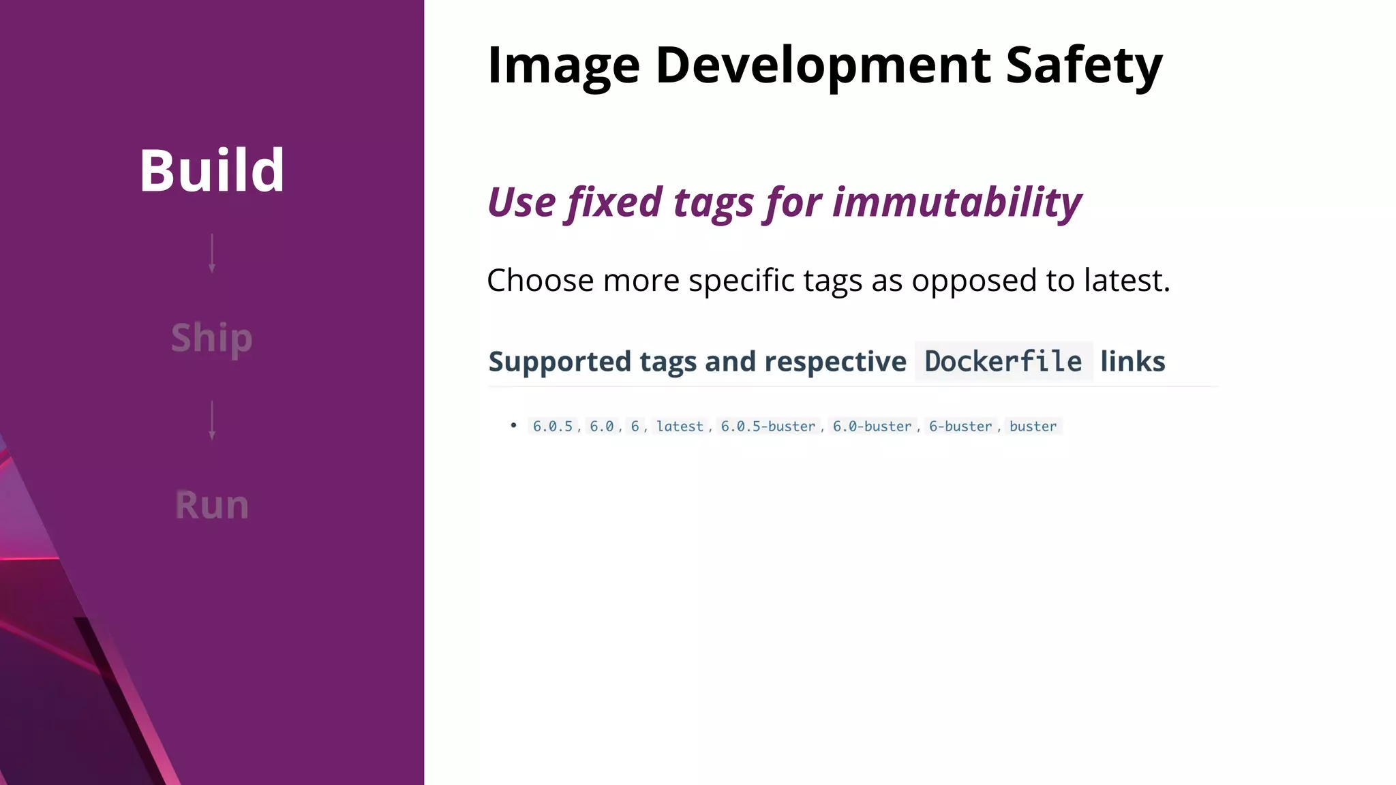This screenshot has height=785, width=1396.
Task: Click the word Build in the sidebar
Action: pyautogui.click(x=212, y=170)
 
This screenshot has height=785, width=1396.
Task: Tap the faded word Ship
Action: pyautogui.click(x=212, y=338)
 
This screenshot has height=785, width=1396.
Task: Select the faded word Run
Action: pyautogui.click(x=212, y=505)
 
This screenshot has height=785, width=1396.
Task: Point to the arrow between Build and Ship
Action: pyautogui.click(x=212, y=253)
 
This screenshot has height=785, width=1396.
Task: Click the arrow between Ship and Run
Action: pyautogui.click(x=212, y=420)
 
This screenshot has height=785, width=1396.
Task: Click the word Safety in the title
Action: pyautogui.click(x=1084, y=65)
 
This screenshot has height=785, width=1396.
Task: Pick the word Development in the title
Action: pyautogui.click(x=823, y=65)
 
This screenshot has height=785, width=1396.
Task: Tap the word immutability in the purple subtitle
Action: pyautogui.click(x=957, y=202)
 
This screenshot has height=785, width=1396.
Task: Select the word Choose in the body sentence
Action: pyautogui.click(x=540, y=281)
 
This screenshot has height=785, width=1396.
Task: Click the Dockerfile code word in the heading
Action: pyautogui.click(x=1003, y=362)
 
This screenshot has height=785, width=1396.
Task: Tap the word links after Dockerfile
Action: pyautogui.click(x=1132, y=362)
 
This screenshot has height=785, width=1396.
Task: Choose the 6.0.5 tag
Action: pyautogui.click(x=553, y=427)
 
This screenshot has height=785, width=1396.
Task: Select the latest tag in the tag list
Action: pyautogui.click(x=680, y=427)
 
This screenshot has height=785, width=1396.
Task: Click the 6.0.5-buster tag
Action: pyautogui.click(x=768, y=427)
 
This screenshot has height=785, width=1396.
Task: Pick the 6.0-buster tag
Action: pyautogui.click(x=872, y=427)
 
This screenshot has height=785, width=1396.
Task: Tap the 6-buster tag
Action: pyautogui.click(x=960, y=427)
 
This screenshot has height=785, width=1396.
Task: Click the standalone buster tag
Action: pyautogui.click(x=1033, y=427)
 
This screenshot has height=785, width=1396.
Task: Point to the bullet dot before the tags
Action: pyautogui.click(x=514, y=425)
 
